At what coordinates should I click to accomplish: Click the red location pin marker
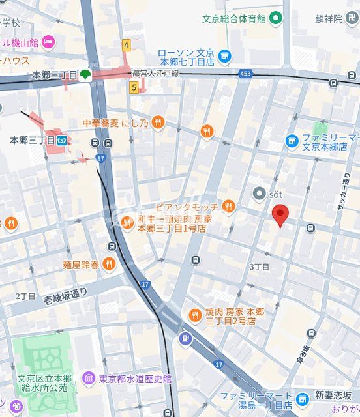pyautogui.click(x=280, y=214)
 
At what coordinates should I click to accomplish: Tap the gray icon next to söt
pyautogui.click(x=260, y=194)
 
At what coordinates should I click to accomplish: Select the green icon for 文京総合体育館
pyautogui.click(x=276, y=18)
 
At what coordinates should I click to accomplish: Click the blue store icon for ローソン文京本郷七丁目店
pyautogui.click(x=225, y=56)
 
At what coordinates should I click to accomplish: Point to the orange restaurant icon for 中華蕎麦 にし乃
pyautogui.click(x=158, y=122)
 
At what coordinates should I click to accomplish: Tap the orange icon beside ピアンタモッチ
pyautogui.click(x=228, y=207)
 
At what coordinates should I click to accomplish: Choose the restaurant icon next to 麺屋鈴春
pyautogui.click(x=109, y=264)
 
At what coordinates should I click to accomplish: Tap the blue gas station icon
pyautogui.click(x=186, y=339)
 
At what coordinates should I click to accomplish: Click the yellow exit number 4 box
pyautogui.click(x=126, y=45)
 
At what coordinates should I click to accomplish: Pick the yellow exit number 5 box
pyautogui.click(x=134, y=87)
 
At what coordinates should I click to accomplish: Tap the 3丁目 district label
pyautogui.click(x=259, y=267)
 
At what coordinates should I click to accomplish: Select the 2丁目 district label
pyautogui.click(x=25, y=296)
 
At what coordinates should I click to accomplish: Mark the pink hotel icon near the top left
pyautogui.click(x=48, y=42)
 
